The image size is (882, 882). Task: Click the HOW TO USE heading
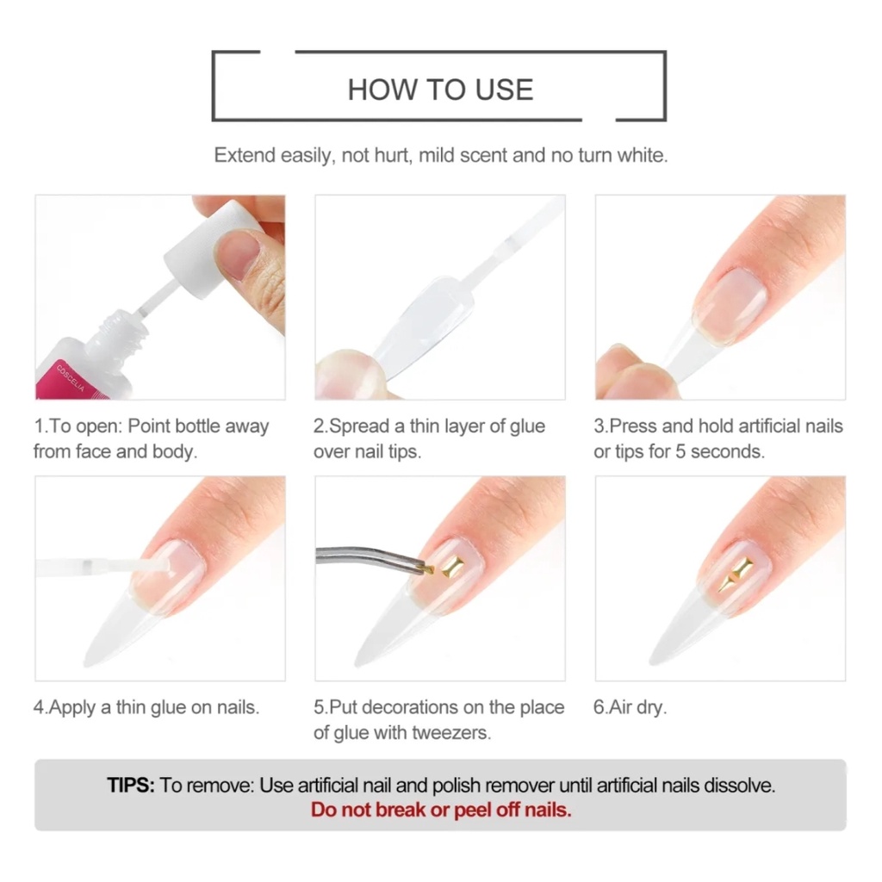pos(440,90)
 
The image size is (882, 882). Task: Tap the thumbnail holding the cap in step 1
pos(239,256)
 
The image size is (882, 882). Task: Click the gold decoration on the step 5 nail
pos(452,567)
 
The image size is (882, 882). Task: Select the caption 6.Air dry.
pos(630,708)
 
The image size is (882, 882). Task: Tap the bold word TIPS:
pos(131,786)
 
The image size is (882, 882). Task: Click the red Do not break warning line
pos(441,810)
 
